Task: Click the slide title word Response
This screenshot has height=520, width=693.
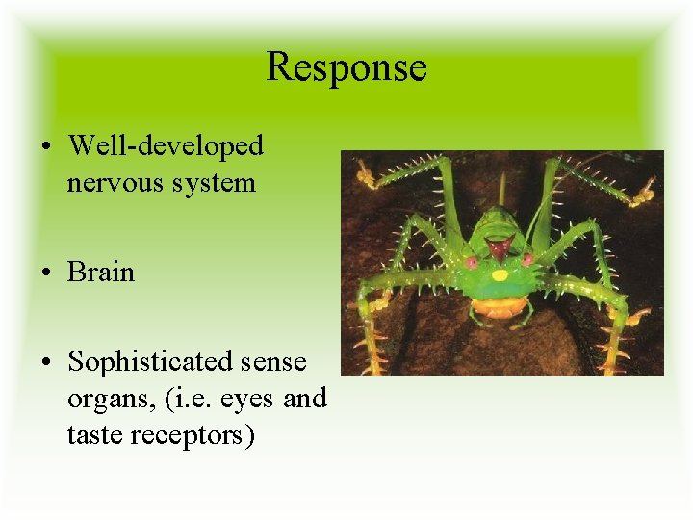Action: point(346,66)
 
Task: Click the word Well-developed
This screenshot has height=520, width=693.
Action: point(166,146)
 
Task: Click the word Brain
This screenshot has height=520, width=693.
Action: point(101,272)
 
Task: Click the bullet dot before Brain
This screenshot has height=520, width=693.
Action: point(47,273)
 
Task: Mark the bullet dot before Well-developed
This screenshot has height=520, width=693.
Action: point(47,147)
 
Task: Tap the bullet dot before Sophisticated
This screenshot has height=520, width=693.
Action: point(47,363)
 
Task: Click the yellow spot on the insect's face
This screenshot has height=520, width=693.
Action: point(500,274)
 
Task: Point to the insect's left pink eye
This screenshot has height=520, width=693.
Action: point(472,261)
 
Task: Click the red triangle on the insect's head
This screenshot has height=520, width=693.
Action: point(497,247)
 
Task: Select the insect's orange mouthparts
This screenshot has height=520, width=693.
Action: point(500,308)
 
